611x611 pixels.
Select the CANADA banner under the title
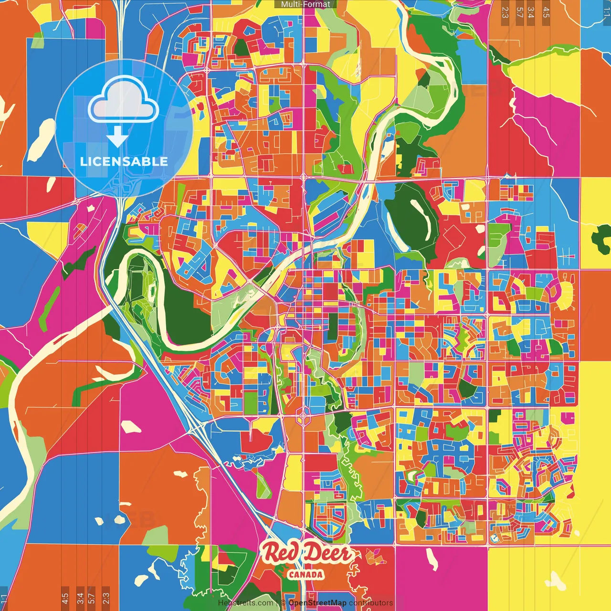click(x=305, y=575)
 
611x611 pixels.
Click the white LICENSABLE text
click(x=124, y=161)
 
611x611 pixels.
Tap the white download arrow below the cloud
click(x=117, y=137)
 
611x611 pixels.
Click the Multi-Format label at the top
click(x=305, y=4)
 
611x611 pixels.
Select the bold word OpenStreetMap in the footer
click(x=317, y=603)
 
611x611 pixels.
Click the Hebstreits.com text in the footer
click(x=245, y=603)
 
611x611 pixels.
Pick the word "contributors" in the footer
click(x=371, y=603)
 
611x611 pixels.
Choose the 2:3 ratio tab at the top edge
click(x=505, y=12)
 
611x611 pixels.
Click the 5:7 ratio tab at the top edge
click(x=519, y=12)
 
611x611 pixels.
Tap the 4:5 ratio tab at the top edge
click(x=546, y=12)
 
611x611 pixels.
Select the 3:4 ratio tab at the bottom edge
click(x=80, y=598)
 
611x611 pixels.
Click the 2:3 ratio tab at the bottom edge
click(x=106, y=598)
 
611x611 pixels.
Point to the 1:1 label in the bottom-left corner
click(x=4, y=600)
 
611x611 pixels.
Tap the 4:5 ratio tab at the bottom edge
click(x=65, y=598)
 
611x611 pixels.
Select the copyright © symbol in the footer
click(x=283, y=603)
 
